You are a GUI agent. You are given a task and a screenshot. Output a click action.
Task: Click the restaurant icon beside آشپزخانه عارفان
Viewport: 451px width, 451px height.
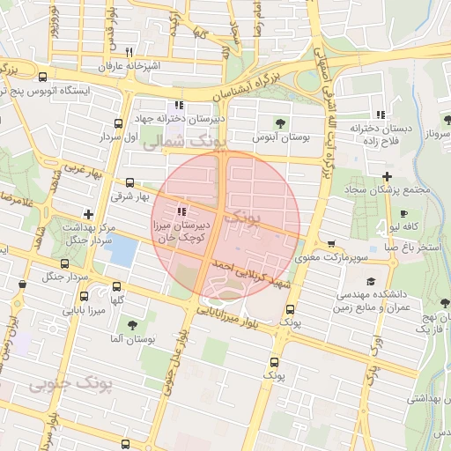tap(129, 52)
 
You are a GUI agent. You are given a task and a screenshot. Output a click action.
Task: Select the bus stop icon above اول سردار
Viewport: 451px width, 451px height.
tap(120, 123)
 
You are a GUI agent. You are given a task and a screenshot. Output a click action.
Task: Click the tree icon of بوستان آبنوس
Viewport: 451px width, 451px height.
tap(280, 123)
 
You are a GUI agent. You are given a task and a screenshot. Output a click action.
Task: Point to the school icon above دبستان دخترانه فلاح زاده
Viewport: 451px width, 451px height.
tap(381, 115)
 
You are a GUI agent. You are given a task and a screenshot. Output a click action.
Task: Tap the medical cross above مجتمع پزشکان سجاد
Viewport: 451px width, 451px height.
tap(387, 176)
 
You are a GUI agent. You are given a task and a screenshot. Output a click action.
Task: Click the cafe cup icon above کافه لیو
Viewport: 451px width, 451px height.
tap(403, 214)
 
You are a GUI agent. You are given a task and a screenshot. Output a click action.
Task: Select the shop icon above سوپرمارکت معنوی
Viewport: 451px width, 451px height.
tap(330, 244)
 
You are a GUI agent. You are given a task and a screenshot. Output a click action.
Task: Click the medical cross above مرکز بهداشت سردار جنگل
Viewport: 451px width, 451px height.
tap(87, 213)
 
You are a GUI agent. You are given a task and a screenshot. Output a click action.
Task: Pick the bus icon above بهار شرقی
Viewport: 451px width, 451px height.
tap(130, 183)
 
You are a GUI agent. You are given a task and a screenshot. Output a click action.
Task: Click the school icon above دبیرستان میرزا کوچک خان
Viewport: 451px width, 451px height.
tap(181, 211)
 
